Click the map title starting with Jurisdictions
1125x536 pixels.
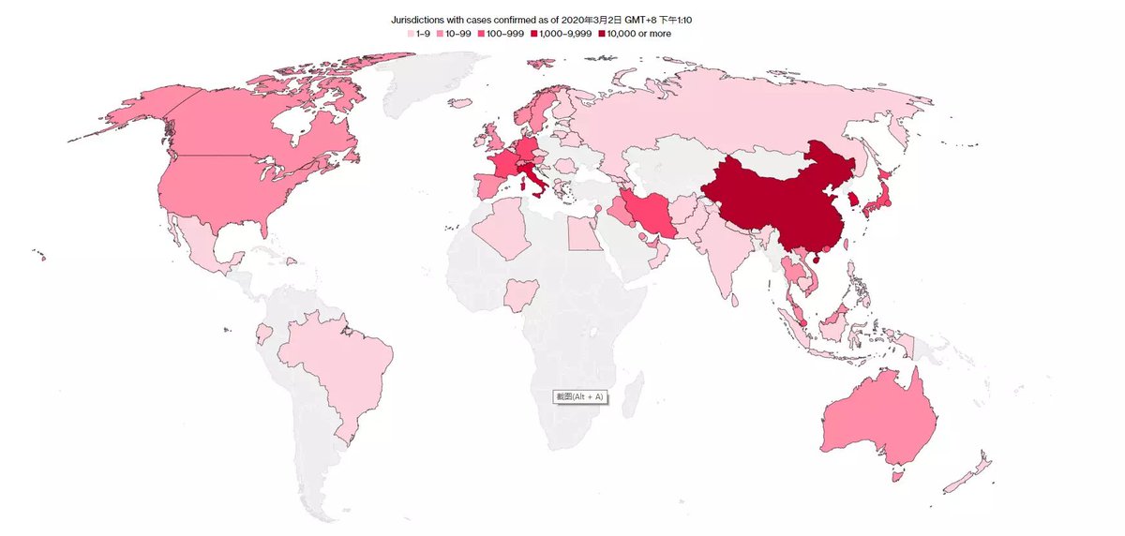tap(547, 19)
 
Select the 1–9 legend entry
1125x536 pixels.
tap(419, 34)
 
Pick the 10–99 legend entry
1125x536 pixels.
tap(457, 34)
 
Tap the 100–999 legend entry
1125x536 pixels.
tap(502, 34)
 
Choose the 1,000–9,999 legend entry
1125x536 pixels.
tap(562, 34)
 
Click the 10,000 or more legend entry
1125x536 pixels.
tap(634, 34)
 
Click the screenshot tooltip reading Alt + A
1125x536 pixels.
tap(579, 397)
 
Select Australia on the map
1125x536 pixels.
tap(881, 412)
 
